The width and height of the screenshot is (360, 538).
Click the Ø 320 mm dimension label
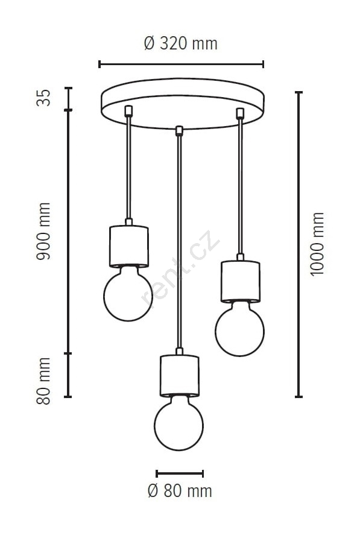180,43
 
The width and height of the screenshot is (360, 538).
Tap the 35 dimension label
43,98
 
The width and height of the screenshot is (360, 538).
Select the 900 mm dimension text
43,231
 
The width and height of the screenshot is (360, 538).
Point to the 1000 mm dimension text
317,244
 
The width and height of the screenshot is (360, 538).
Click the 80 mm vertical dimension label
43,381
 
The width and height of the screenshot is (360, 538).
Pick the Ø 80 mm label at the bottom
180,491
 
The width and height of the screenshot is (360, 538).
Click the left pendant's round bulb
128,294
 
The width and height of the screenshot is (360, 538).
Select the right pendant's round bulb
239,329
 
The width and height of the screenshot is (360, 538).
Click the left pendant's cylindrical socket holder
128,246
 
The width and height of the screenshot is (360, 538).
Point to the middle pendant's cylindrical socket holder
179,376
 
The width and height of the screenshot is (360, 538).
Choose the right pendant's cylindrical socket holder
240,281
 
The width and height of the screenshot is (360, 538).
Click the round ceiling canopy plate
183,104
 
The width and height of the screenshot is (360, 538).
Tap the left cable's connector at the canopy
128,110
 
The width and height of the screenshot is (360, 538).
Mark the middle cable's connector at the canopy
179,131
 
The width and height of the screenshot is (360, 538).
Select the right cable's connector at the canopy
240,113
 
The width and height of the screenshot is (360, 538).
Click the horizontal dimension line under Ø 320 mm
181,64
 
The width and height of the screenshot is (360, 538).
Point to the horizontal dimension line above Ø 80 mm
180,474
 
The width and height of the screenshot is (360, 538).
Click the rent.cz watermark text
180,268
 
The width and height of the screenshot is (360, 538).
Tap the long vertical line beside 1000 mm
299,245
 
